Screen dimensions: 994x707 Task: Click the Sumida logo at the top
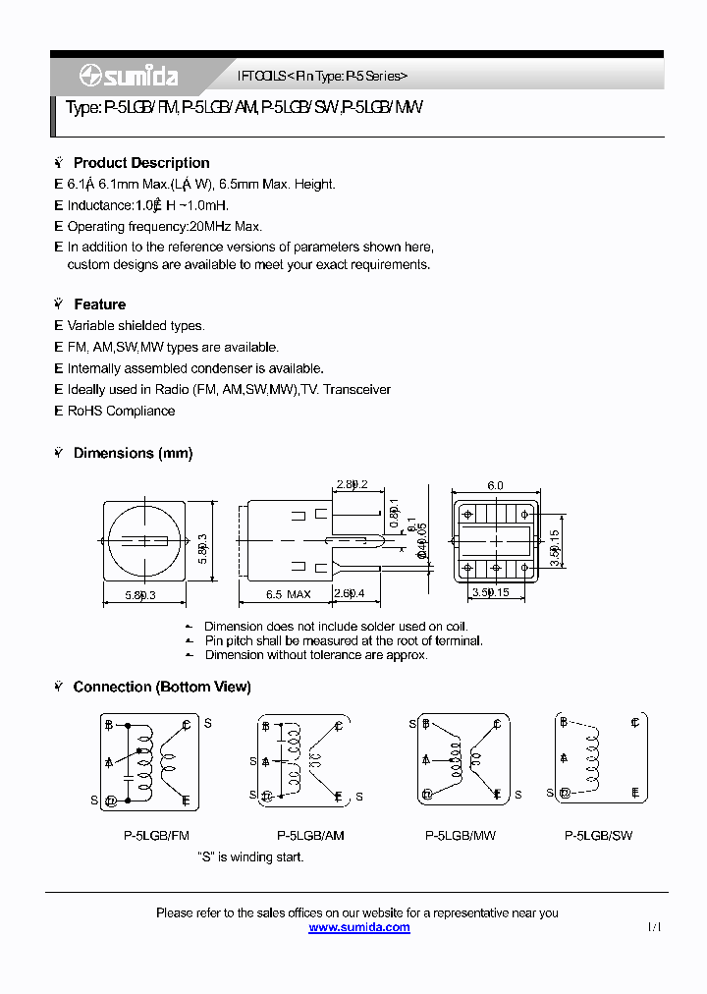click(115, 76)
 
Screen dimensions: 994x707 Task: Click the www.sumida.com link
click(359, 927)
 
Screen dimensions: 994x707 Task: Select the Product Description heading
click(141, 163)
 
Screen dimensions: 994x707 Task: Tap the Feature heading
click(99, 304)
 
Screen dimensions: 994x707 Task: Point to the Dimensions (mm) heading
click(133, 453)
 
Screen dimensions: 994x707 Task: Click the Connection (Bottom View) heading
click(162, 687)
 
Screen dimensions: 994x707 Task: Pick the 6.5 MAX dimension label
click(288, 593)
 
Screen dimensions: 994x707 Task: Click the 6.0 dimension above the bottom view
click(495, 485)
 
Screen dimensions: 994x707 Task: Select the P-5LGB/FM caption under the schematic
click(156, 836)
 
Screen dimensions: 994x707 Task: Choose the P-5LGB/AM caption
click(311, 836)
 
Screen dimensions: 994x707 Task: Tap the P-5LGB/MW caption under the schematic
click(461, 836)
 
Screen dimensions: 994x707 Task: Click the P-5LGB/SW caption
click(598, 836)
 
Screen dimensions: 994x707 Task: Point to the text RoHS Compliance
click(121, 411)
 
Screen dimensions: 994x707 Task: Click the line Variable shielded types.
click(136, 325)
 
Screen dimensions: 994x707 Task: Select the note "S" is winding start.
click(250, 856)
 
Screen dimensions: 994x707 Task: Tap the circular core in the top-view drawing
click(143, 541)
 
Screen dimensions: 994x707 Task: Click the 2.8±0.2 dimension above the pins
click(351, 485)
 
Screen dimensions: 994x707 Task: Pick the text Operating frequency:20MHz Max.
click(164, 226)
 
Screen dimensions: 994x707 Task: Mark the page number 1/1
click(655, 927)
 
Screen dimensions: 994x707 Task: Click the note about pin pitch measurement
click(343, 640)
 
